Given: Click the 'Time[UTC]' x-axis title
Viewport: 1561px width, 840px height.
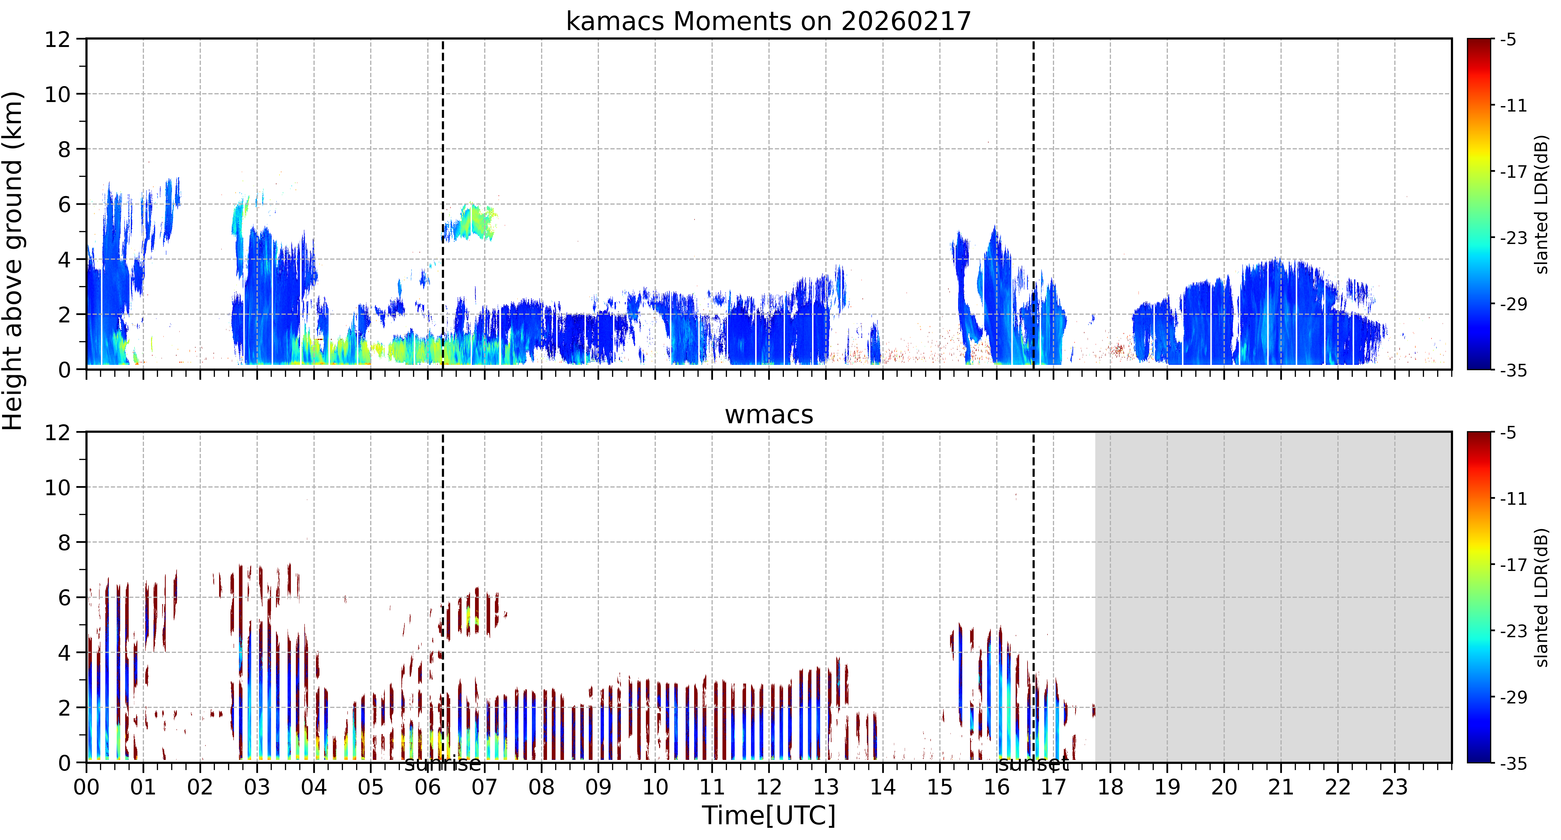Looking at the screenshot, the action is point(768,815).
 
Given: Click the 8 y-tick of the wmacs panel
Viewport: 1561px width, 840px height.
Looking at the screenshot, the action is point(64,542).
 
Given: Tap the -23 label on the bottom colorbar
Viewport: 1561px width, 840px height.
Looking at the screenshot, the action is point(1513,631).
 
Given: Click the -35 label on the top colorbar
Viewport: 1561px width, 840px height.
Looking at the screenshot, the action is point(1513,370).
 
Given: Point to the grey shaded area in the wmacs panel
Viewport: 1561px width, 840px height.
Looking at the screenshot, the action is point(1273,597).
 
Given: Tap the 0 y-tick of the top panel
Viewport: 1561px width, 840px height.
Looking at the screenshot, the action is point(64,370).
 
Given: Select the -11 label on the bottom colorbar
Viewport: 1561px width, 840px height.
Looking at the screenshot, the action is point(1513,499).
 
